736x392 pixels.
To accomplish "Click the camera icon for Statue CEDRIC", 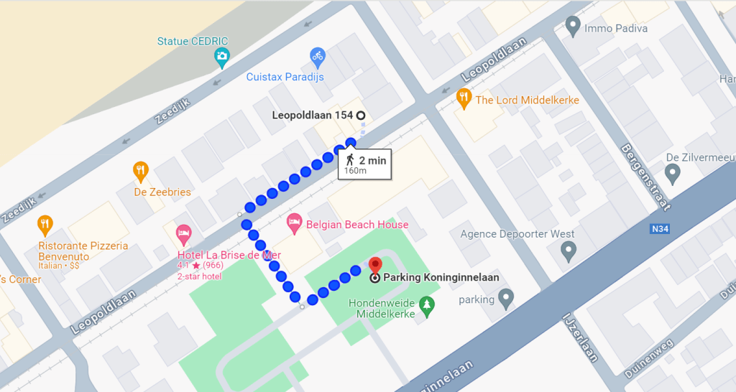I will coord(222,56).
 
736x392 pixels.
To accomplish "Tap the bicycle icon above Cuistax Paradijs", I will coord(317,55).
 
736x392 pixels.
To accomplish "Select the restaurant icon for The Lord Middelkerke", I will coord(464,96).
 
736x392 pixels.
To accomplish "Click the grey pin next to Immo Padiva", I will coord(573,26).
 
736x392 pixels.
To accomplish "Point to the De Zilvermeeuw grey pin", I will coord(673,172).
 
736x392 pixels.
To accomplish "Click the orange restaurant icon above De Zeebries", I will coord(141,171).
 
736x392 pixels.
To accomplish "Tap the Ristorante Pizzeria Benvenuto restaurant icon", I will coord(45,225).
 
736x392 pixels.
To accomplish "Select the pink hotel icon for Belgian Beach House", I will coord(294,223).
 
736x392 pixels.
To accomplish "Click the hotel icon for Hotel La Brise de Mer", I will coord(183,233).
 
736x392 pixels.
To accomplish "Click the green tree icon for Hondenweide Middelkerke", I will coord(427,305).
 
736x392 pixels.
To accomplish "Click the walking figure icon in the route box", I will coord(350,159).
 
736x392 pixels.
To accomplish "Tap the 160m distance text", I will coord(355,171).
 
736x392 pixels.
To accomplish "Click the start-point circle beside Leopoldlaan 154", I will coord(361,115).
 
